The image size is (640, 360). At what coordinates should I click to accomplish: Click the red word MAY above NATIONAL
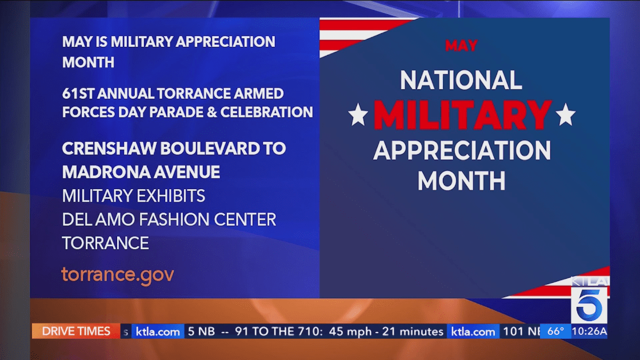coord(461,45)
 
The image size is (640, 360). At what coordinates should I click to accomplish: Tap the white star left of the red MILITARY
coord(358,115)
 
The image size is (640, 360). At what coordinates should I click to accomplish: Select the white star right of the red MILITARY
coord(566,115)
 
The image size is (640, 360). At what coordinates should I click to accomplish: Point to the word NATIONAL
coord(461,80)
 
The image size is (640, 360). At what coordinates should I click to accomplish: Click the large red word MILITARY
coord(462,115)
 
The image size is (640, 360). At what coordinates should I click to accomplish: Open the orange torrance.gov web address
coord(118,275)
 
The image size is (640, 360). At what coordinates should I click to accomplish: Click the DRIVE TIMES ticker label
coord(76,331)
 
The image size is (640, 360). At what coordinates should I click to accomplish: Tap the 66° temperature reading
coord(555,331)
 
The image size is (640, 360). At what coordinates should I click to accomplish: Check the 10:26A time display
coord(589,331)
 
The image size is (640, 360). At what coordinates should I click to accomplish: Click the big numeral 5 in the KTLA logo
coord(589,305)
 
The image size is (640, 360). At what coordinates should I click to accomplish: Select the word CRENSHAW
coord(109,149)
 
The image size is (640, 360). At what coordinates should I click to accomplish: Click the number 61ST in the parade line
coord(78,94)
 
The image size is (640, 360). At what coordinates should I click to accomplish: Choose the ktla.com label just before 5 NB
coord(158,331)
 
